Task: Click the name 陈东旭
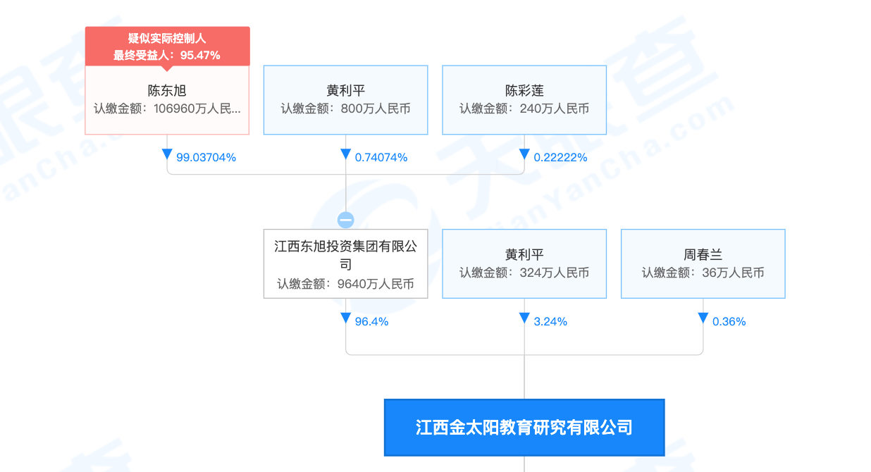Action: click(167, 91)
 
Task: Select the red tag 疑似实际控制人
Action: click(167, 39)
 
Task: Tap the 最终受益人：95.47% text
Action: click(167, 55)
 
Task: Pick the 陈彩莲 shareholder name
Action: click(524, 91)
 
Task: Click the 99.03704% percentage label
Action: click(206, 158)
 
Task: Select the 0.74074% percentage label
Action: click(381, 158)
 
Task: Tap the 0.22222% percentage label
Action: click(560, 158)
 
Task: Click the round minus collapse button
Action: click(345, 220)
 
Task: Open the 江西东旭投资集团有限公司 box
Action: click(345, 255)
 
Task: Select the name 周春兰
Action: click(703, 255)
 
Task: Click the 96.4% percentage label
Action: click(371, 322)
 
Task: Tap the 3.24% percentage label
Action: click(550, 322)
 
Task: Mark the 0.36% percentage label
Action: click(729, 322)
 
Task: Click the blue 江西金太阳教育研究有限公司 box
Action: click(524, 428)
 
